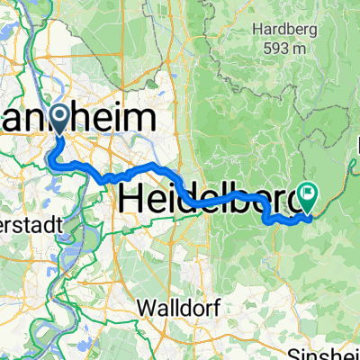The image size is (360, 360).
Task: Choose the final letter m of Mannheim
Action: pos(148,120)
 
